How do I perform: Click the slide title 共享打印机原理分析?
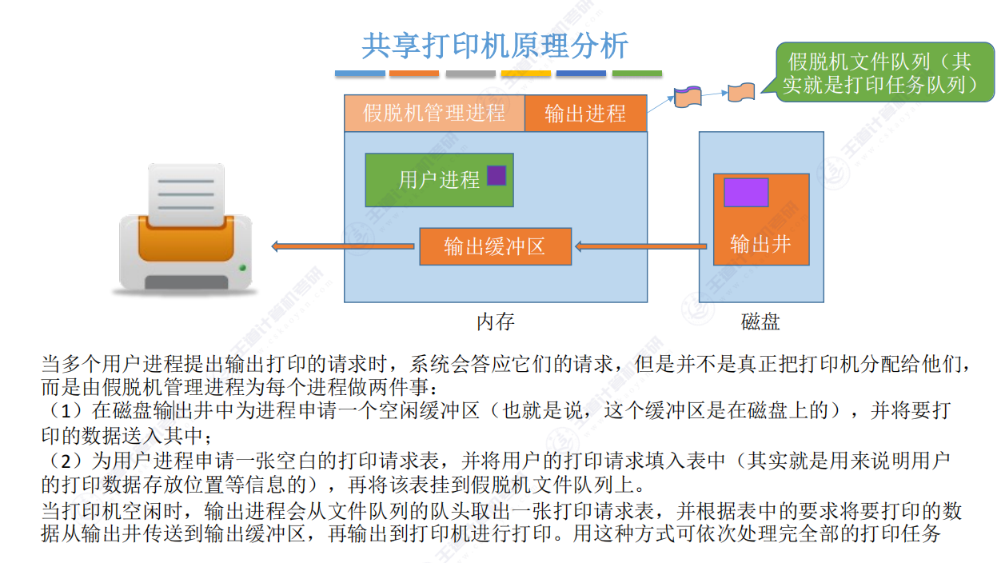[x=495, y=46]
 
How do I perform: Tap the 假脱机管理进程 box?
[x=434, y=113]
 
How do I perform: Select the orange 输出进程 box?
[x=585, y=114]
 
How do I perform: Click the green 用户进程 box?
[x=438, y=179]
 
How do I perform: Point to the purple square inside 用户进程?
[x=497, y=175]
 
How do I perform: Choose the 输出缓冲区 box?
[x=495, y=246]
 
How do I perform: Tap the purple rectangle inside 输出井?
[x=746, y=193]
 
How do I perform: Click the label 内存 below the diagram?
[x=496, y=321]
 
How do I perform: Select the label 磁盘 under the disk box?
[x=760, y=321]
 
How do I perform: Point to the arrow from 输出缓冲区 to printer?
[x=344, y=246]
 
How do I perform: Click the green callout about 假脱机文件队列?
[x=879, y=73]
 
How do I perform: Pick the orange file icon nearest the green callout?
[x=741, y=92]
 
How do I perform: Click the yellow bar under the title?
[x=526, y=74]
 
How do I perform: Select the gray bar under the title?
[x=471, y=74]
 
